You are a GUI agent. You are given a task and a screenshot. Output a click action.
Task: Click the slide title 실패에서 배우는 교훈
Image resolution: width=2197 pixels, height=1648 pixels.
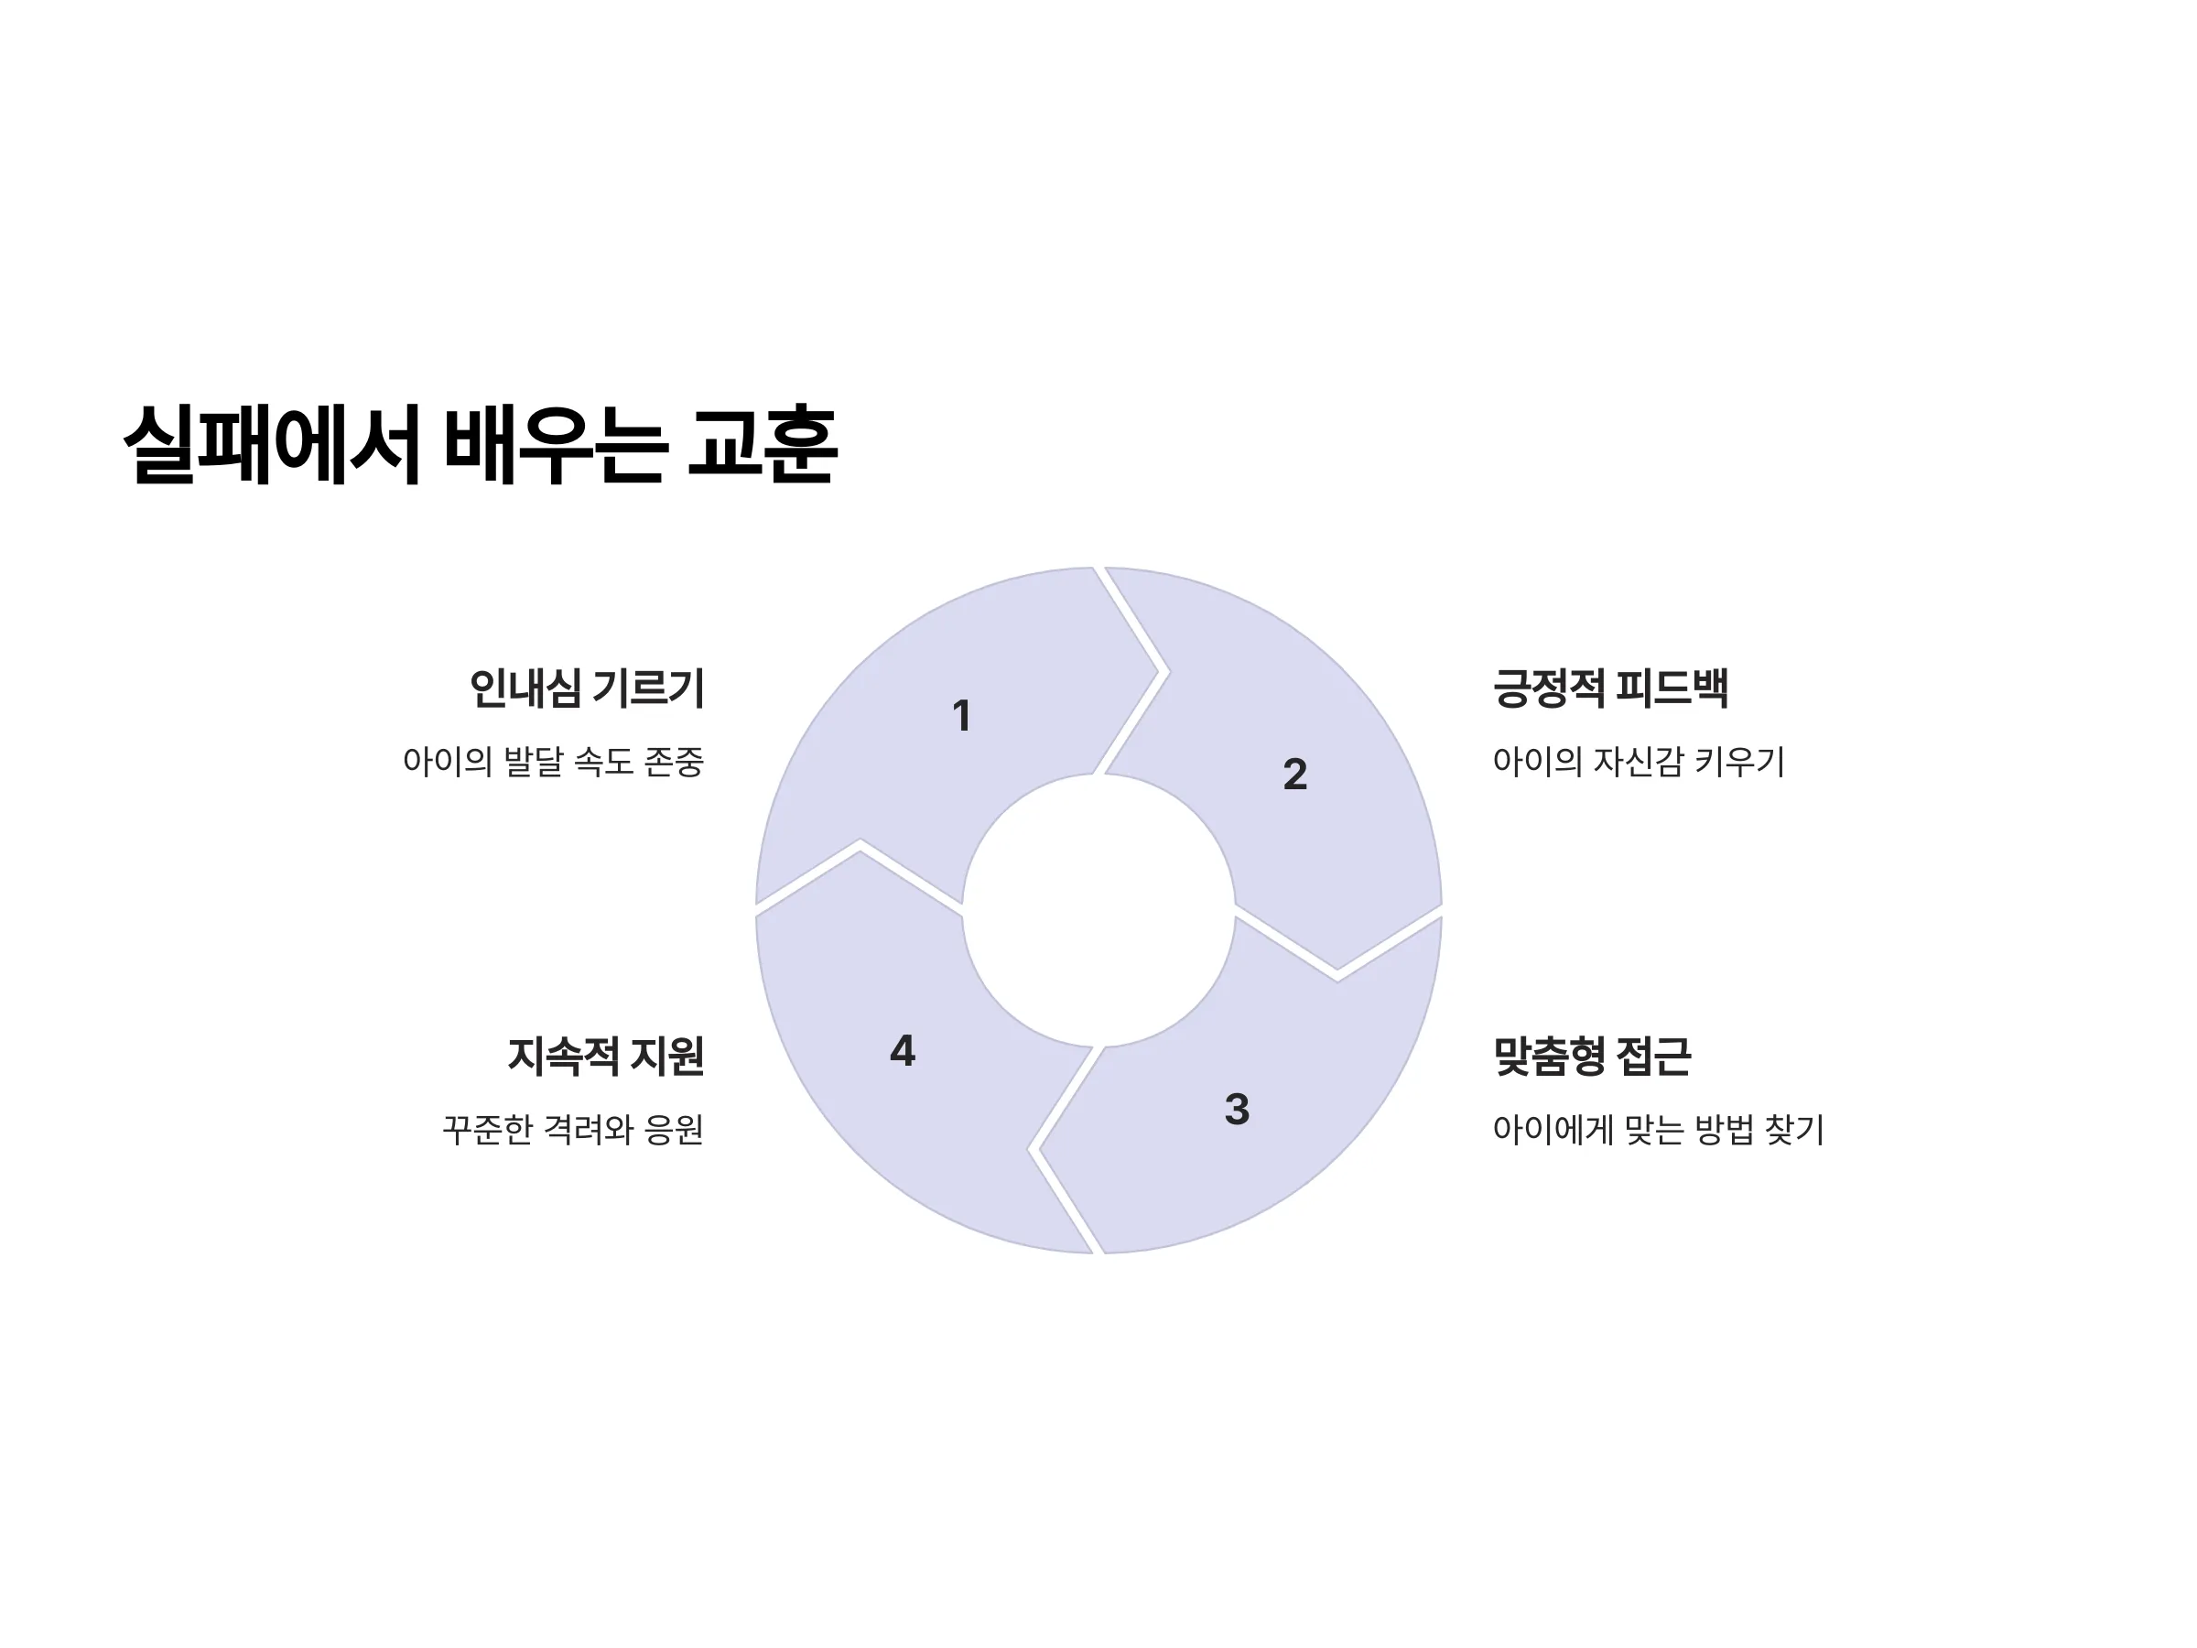tap(481, 444)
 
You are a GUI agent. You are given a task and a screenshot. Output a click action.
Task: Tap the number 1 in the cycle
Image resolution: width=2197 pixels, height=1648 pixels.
tap(961, 715)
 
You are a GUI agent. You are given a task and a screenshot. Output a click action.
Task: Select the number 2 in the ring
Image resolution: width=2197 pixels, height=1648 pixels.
tap(1295, 774)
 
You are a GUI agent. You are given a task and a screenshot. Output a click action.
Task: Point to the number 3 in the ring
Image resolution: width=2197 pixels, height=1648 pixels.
tap(1237, 1109)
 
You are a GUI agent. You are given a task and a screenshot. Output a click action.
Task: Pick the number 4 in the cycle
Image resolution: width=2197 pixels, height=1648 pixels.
tap(903, 1050)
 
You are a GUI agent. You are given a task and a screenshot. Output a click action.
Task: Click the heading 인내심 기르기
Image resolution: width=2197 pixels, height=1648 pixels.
tap(587, 688)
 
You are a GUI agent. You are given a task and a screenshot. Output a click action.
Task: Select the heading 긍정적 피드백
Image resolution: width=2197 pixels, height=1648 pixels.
tap(1611, 688)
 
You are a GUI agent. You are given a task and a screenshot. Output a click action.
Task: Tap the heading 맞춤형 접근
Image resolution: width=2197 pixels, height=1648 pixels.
tap(1592, 1055)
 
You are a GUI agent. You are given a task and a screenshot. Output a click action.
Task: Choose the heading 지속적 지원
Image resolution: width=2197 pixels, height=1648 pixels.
tap(606, 1055)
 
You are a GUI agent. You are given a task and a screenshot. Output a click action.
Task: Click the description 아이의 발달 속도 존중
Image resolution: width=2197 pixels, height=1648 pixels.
tap(553, 762)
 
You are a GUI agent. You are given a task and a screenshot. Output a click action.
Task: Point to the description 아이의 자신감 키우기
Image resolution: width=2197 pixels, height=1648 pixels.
tap(1639, 762)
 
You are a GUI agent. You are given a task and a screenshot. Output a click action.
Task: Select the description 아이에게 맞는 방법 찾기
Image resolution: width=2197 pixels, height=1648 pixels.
tap(1659, 1130)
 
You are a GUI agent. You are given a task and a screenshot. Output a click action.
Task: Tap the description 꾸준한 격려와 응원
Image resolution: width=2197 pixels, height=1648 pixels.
tap(573, 1130)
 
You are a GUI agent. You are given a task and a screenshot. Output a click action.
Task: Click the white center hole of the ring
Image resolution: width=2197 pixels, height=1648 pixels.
tap(1098, 910)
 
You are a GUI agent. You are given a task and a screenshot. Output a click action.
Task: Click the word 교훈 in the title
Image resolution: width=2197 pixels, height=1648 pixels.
tap(763, 444)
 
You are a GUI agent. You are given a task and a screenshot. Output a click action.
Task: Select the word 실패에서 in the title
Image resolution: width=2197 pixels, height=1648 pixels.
tap(271, 444)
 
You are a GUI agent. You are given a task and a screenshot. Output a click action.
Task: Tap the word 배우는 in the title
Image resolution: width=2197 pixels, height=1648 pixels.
tap(553, 444)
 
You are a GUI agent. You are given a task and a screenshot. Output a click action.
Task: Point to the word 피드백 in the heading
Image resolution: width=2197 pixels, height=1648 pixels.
tap(1672, 688)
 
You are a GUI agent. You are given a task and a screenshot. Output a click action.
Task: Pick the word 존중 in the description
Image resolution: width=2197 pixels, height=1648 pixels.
tap(675, 762)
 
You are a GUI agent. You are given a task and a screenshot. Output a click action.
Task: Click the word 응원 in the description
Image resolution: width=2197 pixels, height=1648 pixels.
tap(675, 1130)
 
